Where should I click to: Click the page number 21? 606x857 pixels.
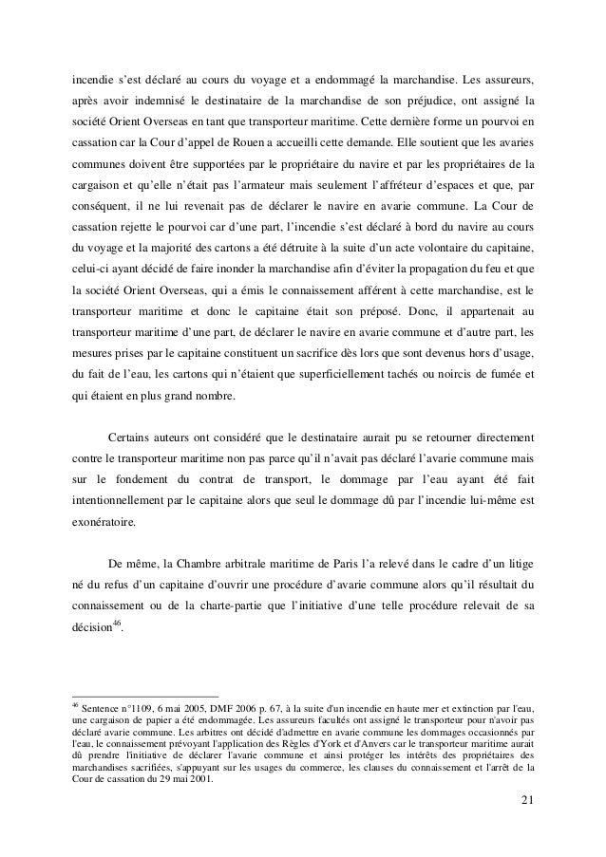tap(527, 808)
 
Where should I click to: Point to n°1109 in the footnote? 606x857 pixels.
tap(146, 708)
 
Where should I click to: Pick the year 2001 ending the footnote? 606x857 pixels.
tap(196, 782)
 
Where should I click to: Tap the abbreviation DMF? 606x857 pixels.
tap(239, 708)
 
